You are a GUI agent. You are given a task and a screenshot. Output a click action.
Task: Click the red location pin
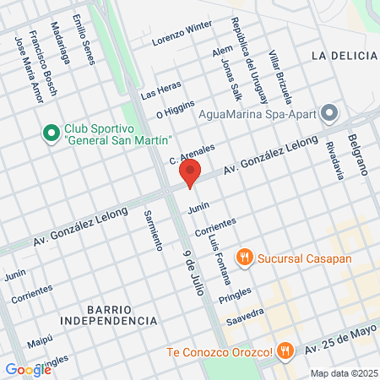click(x=190, y=172)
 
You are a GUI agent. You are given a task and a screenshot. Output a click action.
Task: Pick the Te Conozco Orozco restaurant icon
click(x=286, y=350)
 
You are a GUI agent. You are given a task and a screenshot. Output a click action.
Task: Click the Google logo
click(x=28, y=369)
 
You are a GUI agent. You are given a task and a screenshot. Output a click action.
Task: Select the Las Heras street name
click(x=161, y=90)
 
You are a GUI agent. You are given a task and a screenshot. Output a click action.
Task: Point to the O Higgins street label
click(x=176, y=111)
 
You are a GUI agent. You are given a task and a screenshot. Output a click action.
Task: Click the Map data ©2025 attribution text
click(x=342, y=373)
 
